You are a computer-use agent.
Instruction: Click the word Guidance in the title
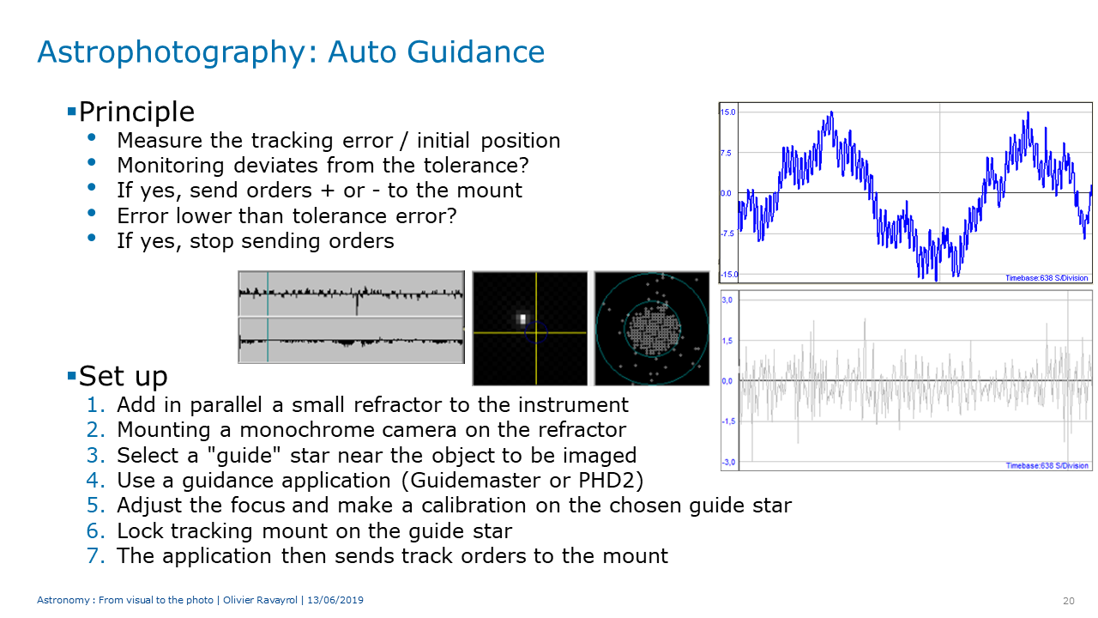[475, 51]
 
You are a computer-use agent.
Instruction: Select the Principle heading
[136, 112]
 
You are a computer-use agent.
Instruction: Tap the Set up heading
[123, 377]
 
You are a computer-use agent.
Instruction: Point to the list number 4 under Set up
[95, 480]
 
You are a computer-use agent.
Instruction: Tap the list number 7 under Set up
[95, 555]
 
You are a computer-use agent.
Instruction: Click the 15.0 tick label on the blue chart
[728, 112]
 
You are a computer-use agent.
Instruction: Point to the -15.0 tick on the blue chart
[729, 274]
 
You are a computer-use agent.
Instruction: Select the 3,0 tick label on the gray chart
[727, 300]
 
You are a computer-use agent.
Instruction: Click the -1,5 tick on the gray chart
[728, 421]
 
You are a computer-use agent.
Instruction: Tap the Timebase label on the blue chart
[1047, 278]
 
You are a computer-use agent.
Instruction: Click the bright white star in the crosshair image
[522, 319]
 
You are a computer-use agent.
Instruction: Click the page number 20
[1069, 601]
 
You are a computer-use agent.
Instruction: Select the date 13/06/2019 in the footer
[335, 600]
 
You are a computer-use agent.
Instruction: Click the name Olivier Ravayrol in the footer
[260, 600]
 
